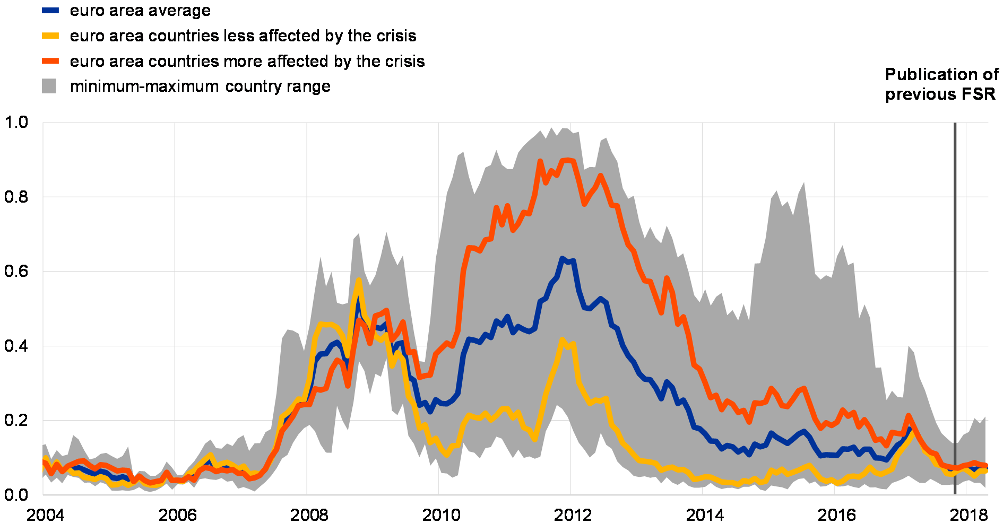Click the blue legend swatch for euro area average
coord(50,10)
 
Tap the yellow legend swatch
coord(50,36)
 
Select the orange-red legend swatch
coord(50,61)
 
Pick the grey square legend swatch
coord(49,86)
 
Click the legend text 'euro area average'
coord(140,11)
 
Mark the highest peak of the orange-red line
coord(567,160)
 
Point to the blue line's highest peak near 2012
coord(562,258)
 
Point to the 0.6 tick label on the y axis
coord(16,272)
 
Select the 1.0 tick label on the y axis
coord(16,123)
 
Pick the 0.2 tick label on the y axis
coord(16,421)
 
